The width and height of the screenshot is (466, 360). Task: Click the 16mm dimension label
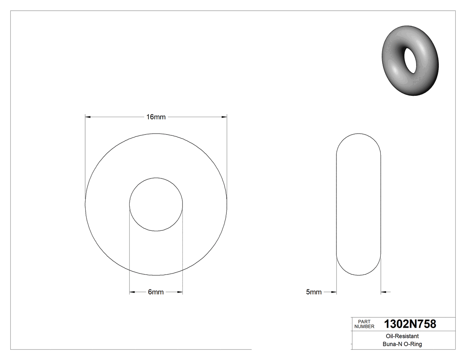click(x=156, y=117)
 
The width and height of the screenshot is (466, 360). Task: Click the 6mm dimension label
click(x=156, y=292)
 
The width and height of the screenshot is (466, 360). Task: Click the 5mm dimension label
click(x=314, y=292)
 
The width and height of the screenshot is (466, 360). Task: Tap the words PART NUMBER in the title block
click(x=364, y=324)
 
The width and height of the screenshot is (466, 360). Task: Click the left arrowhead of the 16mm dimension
click(x=88, y=117)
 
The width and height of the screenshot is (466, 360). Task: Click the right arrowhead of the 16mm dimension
click(x=224, y=117)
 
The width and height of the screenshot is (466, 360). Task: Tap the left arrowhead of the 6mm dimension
click(x=132, y=292)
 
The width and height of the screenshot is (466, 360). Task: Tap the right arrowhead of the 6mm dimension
click(x=180, y=292)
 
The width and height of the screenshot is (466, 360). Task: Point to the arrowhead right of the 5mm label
click(x=334, y=292)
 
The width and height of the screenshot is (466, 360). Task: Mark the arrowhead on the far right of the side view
click(x=384, y=292)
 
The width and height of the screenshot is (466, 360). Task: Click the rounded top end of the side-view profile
click(x=359, y=135)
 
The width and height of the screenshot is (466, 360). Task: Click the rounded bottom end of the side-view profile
click(x=359, y=274)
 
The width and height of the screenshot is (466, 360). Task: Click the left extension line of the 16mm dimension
click(x=85, y=155)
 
